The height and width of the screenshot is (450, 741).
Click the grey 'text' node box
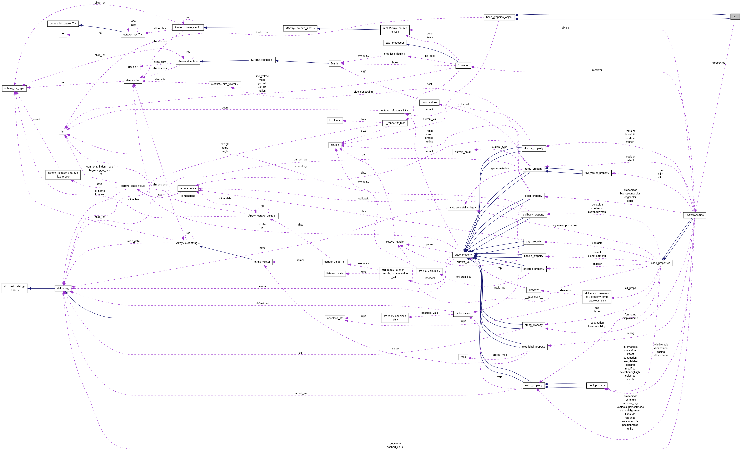[735, 16]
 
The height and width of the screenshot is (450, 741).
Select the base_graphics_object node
[499, 17]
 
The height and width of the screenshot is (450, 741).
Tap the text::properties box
[694, 215]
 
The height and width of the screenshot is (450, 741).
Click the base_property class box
[463, 255]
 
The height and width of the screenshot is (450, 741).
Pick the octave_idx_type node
[14, 88]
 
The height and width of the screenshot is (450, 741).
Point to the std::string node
[63, 288]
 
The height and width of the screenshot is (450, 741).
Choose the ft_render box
[463, 65]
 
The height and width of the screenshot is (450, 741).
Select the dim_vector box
[133, 80]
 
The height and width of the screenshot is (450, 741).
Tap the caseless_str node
[335, 318]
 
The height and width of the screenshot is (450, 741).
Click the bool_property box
[597, 385]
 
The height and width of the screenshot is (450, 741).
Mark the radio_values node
[463, 314]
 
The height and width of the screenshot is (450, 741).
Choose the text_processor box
[395, 43]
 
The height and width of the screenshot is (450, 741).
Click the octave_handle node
[395, 242]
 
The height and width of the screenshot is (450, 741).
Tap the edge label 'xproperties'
[718, 63]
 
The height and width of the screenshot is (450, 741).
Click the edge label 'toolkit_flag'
[262, 33]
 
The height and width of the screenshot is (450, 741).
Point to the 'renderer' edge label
[597, 70]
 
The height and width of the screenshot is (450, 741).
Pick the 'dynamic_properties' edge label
[565, 225]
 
